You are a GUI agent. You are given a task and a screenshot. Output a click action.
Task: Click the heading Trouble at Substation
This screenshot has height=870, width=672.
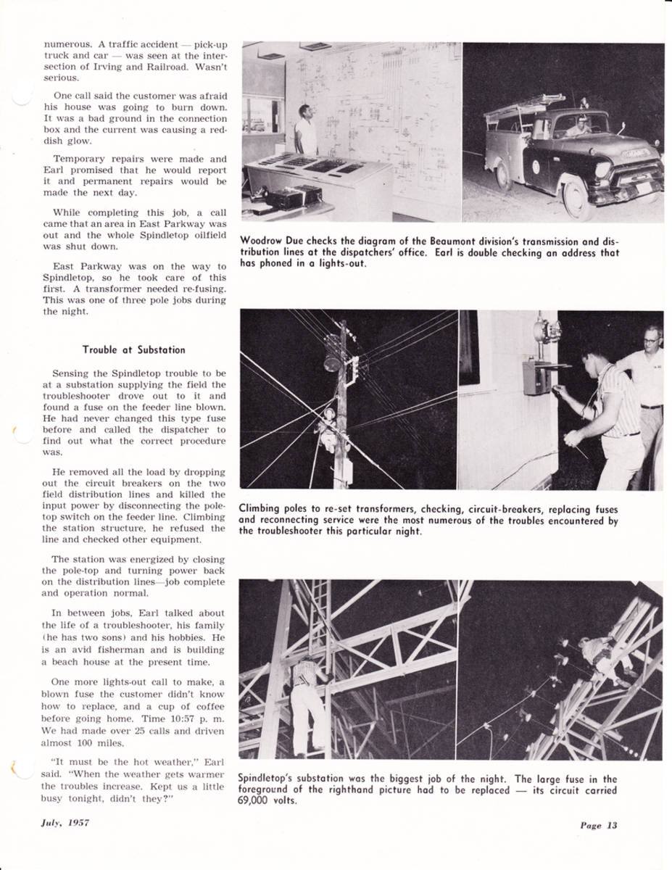pos(133,349)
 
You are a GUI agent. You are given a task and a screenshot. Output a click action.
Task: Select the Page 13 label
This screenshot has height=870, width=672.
pos(598,825)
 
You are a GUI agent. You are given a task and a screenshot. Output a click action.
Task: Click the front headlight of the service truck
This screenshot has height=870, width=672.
pos(603,170)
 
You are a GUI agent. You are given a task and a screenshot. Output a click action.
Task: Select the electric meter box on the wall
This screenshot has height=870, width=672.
pos(537,376)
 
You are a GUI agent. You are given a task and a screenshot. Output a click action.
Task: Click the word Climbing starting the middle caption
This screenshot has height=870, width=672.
pos(260,509)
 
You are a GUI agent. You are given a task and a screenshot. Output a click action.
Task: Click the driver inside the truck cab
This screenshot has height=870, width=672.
pos(578,127)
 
